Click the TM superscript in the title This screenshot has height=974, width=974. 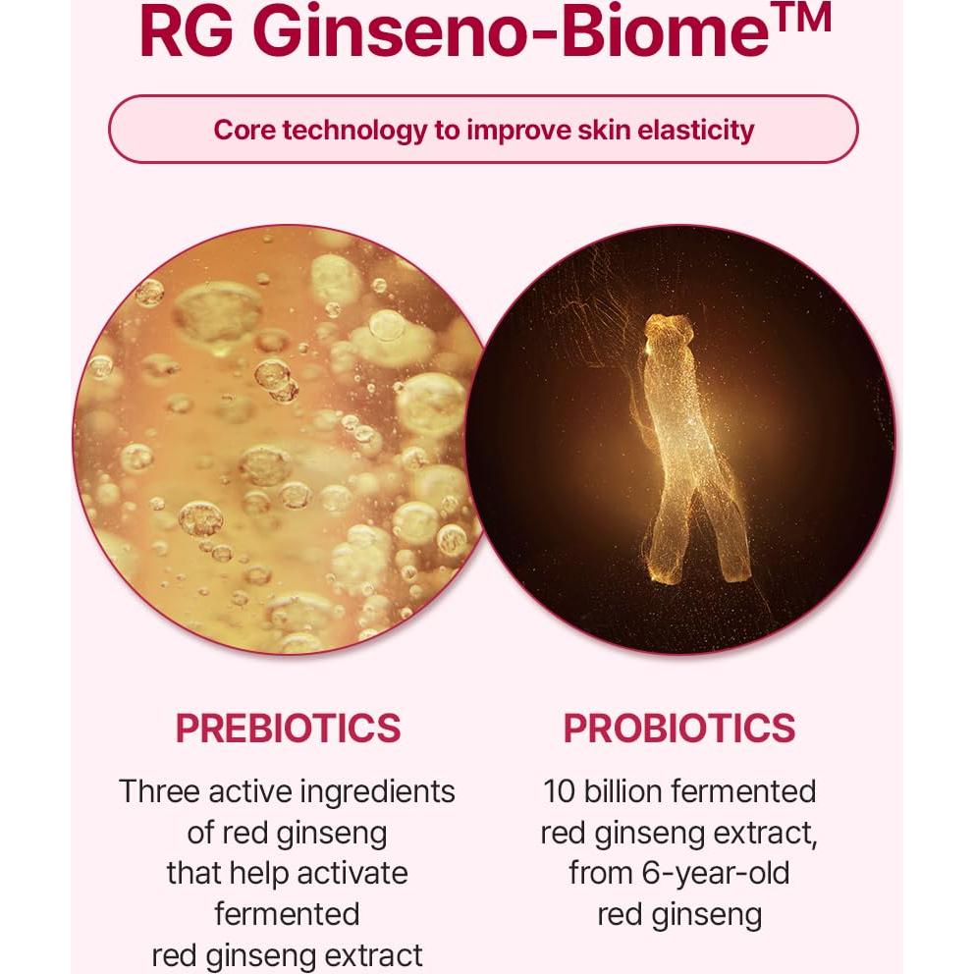point(798,17)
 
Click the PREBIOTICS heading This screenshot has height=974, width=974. point(288,729)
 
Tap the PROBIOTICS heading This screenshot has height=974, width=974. point(678,729)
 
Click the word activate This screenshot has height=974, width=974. point(345,873)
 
